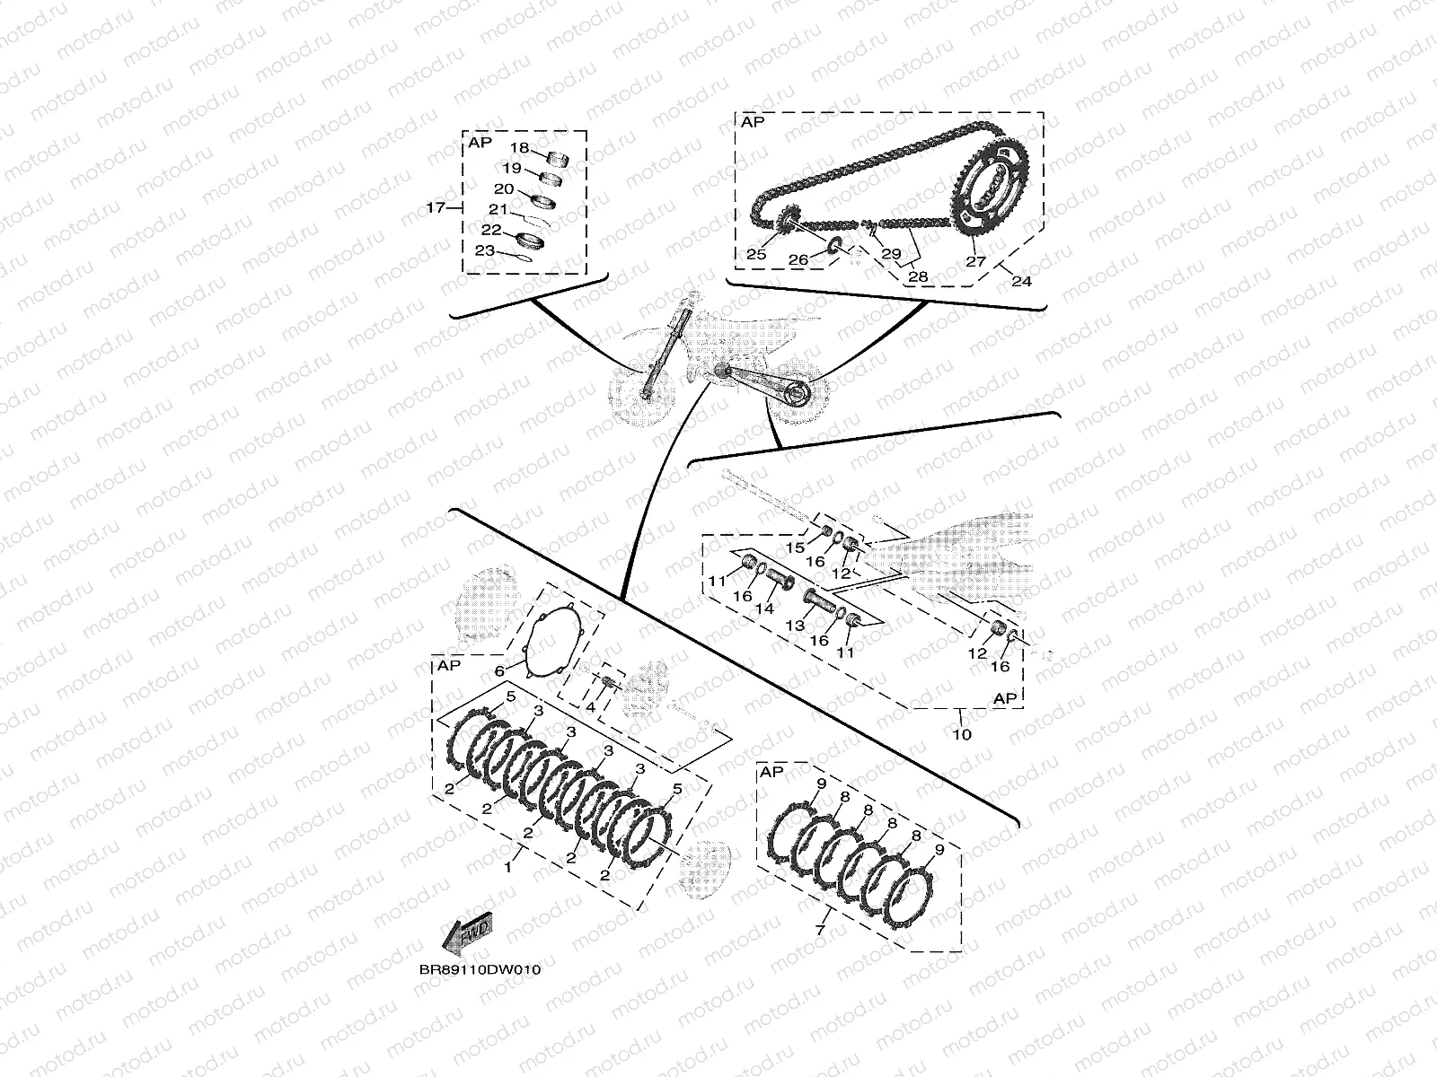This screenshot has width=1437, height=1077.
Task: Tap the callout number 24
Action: point(1021,281)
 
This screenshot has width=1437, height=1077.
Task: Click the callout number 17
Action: point(436,208)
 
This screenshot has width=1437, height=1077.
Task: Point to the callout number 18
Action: point(520,148)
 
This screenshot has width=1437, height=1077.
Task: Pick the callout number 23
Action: point(484,250)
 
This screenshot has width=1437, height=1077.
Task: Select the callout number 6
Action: point(499,671)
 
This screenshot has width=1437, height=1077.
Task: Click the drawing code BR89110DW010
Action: point(479,970)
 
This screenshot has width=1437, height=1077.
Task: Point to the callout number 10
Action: point(961,734)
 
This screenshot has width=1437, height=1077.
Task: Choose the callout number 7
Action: point(819,931)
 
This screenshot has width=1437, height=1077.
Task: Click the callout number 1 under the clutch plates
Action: point(507,868)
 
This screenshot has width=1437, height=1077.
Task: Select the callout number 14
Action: point(764,608)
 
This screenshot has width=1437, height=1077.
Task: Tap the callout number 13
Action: point(795,625)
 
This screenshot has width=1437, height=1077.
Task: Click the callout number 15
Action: point(796,547)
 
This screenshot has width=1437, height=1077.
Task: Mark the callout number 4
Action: point(590,708)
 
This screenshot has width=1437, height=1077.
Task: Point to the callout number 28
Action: point(918,276)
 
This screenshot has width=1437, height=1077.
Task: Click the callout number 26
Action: point(798,259)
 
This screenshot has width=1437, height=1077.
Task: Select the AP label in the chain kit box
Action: point(753,121)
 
